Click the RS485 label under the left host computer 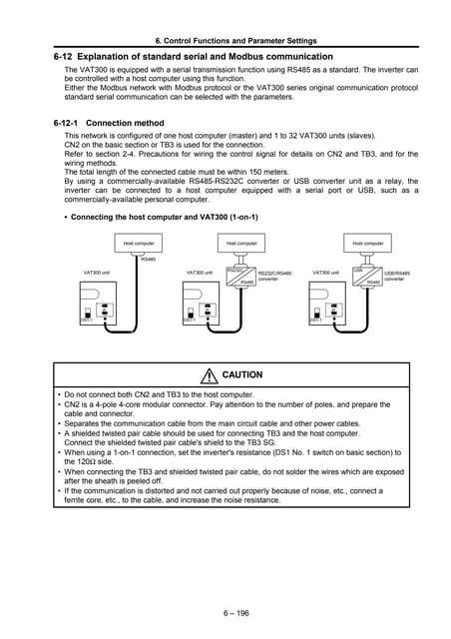tap(148, 260)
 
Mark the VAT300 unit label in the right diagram tap(326, 272)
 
